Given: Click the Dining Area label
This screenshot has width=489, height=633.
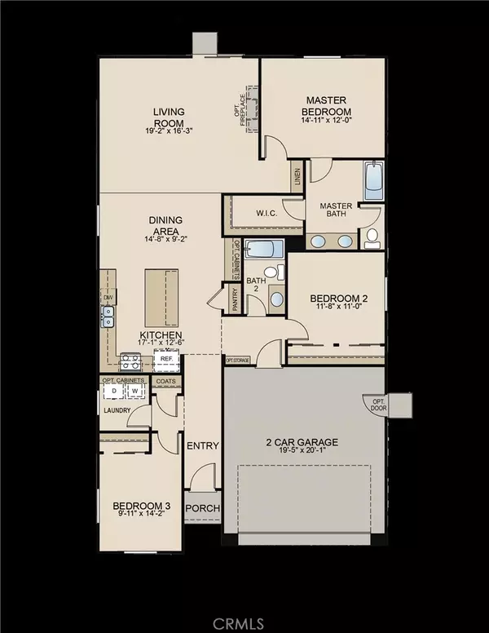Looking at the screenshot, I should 165,224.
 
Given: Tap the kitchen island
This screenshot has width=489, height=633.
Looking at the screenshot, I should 160,298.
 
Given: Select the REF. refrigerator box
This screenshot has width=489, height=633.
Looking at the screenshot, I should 165,358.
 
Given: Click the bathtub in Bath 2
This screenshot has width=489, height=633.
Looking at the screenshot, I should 262,250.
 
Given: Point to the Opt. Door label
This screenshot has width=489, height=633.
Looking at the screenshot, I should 378,405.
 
